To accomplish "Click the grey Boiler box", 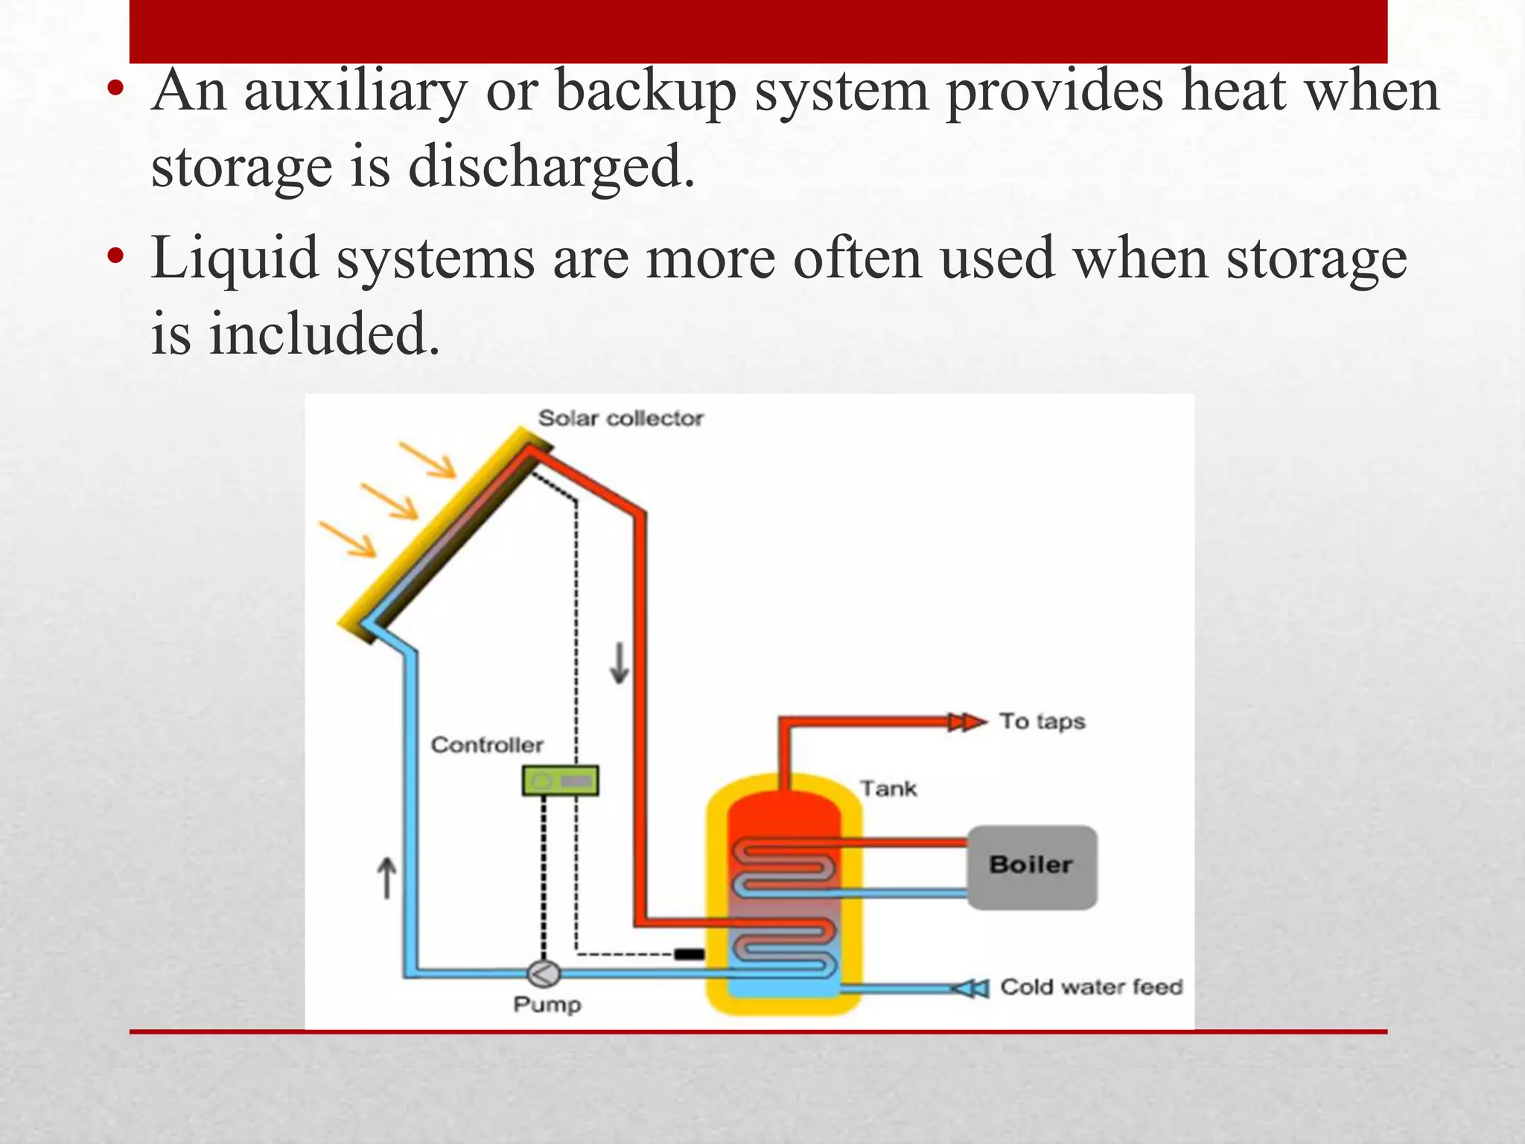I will (1031, 867).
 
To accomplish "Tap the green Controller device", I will (560, 781).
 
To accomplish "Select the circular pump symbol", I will (544, 973).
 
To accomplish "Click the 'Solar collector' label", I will (620, 419).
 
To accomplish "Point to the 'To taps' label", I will (1042, 722).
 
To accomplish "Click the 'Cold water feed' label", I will (1091, 988).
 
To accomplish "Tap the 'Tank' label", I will (888, 789).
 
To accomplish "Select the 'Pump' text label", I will (547, 1005).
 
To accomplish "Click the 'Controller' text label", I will (487, 745).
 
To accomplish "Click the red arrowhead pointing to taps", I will (967, 722).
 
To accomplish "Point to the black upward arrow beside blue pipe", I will (386, 877).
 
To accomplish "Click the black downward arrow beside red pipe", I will (620, 664).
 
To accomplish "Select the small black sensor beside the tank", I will (689, 954).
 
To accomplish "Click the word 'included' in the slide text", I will (324, 334).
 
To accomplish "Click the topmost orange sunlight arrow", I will (427, 460).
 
